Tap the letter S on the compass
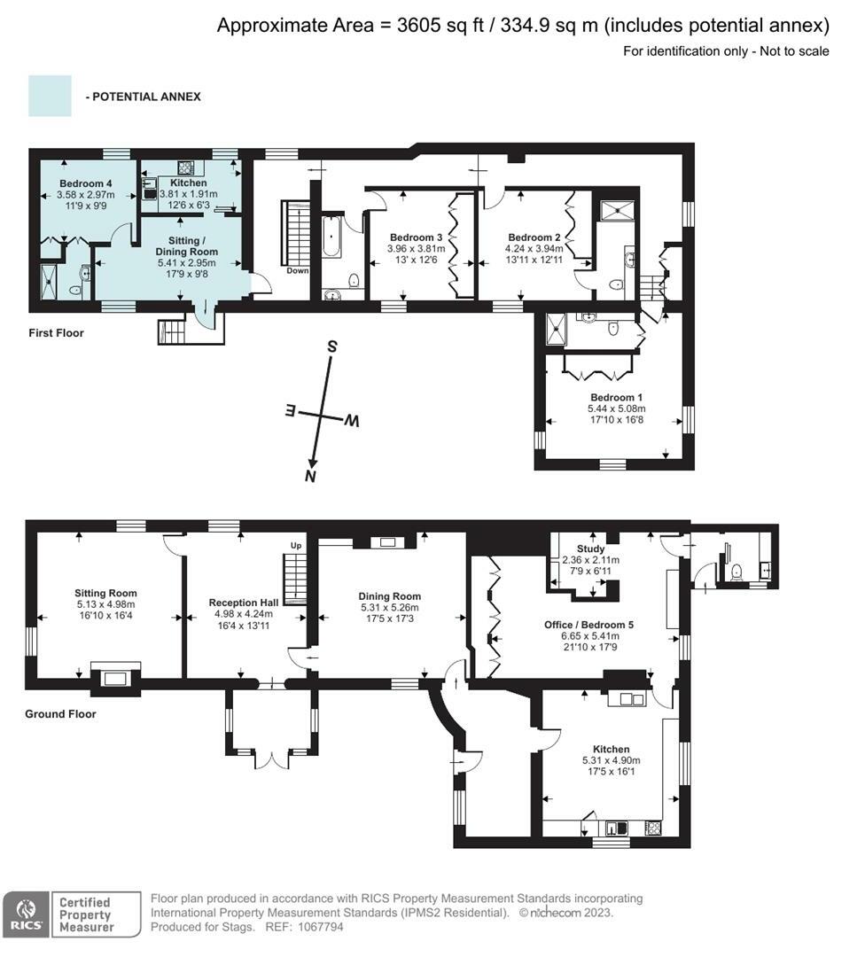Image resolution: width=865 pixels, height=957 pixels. [x=331, y=346]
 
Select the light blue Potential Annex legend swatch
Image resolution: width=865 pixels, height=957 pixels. [x=50, y=96]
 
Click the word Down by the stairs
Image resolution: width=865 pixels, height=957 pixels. [x=297, y=271]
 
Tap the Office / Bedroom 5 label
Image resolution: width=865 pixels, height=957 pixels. [x=588, y=625]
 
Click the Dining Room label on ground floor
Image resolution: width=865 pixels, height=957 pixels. [x=389, y=596]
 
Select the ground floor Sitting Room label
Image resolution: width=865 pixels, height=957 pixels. [x=105, y=593]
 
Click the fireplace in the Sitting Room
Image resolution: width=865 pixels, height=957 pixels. [x=114, y=679]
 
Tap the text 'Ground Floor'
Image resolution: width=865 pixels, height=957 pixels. [x=60, y=713]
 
